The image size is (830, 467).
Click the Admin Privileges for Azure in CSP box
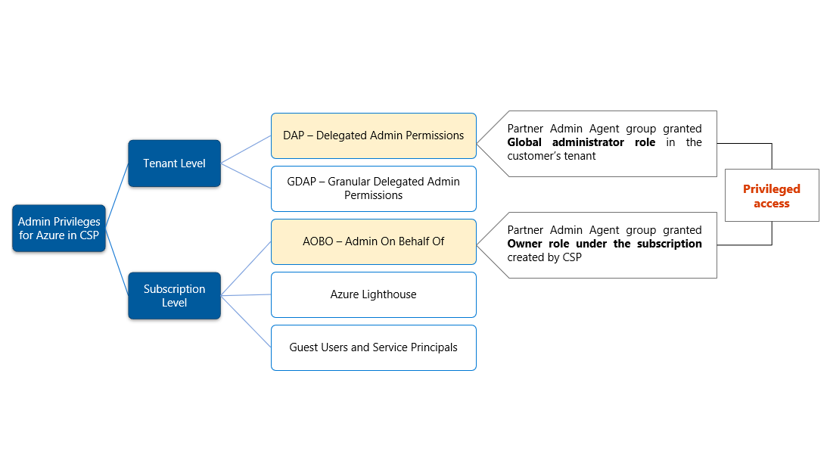click(59, 228)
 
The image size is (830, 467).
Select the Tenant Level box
click(174, 163)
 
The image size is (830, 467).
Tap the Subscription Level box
click(174, 295)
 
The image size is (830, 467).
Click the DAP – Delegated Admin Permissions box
click(373, 135)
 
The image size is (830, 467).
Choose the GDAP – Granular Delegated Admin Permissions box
click(373, 188)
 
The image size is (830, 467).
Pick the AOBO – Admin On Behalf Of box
click(373, 241)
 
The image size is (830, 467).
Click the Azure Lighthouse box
click(373, 294)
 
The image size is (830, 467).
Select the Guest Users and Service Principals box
click(373, 347)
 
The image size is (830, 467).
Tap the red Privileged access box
click(771, 196)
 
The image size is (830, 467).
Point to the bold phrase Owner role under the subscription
click(604, 244)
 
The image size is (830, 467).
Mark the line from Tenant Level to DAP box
click(246, 149)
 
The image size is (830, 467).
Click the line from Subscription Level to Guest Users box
click(246, 321)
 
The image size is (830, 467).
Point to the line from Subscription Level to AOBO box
click(246, 269)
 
